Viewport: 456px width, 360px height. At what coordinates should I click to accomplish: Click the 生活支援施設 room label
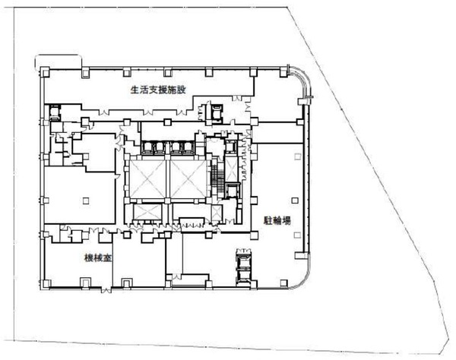click(158, 90)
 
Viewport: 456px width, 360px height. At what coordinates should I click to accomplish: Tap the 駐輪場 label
click(277, 220)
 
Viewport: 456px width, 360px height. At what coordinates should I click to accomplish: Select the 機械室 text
click(98, 257)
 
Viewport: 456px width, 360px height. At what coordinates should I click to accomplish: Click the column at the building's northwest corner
click(45, 72)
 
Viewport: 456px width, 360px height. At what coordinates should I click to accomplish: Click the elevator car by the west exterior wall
click(55, 112)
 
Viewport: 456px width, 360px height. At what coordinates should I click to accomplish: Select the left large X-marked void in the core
click(147, 179)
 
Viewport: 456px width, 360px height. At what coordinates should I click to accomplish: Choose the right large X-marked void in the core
click(188, 179)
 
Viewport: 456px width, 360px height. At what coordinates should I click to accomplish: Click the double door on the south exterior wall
click(106, 289)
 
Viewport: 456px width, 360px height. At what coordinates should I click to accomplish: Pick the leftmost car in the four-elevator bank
click(147, 147)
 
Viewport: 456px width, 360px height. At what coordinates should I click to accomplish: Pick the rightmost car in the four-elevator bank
click(187, 147)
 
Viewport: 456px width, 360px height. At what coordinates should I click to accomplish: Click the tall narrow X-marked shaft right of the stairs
click(232, 169)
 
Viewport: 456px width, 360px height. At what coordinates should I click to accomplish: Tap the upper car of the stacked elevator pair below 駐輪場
click(243, 258)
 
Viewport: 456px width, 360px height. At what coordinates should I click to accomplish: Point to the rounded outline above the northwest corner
click(59, 55)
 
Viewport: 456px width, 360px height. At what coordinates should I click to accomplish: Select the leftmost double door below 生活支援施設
click(104, 112)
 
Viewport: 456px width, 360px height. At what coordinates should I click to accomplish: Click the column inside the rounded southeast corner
click(283, 283)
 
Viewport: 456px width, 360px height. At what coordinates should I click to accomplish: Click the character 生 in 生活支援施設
click(135, 90)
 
